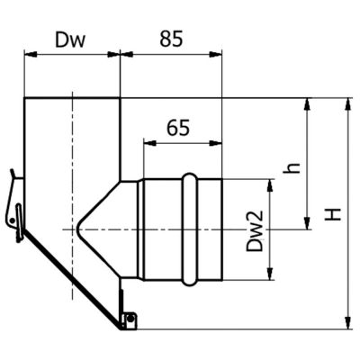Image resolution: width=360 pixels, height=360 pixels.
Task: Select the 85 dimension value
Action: point(171,39)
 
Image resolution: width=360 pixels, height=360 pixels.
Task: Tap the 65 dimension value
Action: point(178,128)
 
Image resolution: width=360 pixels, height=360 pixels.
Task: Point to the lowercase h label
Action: point(292,168)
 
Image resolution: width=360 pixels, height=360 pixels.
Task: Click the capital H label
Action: point(334,214)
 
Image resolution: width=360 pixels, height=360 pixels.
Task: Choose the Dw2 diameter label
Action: point(255,230)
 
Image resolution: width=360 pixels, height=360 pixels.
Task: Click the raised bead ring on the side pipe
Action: point(190,229)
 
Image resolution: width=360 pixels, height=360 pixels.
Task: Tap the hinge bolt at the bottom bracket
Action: point(130,318)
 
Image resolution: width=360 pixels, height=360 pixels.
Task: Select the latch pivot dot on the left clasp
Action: point(12,220)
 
